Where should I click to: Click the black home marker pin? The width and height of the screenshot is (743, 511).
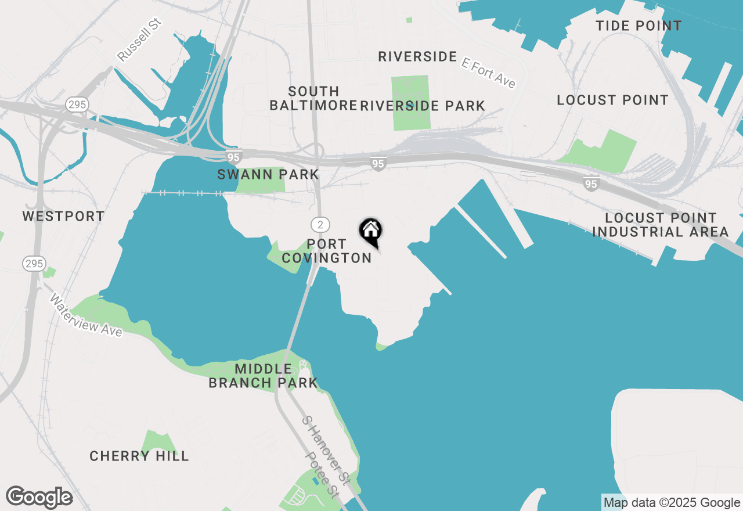(370, 231)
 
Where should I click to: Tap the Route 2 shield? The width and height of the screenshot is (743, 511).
(320, 224)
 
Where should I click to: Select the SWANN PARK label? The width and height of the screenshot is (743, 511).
(268, 174)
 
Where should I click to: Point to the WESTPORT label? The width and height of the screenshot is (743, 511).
(64, 217)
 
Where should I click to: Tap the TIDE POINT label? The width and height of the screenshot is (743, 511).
(639, 26)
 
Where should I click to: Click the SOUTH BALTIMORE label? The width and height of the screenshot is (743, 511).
(313, 98)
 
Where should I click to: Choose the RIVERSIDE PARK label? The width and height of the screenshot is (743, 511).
(423, 106)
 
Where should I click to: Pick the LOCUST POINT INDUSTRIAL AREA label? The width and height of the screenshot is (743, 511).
(661, 225)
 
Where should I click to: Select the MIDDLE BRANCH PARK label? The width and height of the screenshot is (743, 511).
(264, 376)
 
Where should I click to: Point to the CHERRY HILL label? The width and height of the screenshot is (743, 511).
(139, 456)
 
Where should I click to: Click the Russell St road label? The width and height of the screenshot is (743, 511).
(139, 39)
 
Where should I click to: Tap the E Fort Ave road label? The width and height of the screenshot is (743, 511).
(489, 73)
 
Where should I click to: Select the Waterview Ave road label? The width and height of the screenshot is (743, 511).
(86, 315)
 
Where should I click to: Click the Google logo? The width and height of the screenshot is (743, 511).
(39, 498)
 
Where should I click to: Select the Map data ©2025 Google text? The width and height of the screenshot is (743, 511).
(672, 503)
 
